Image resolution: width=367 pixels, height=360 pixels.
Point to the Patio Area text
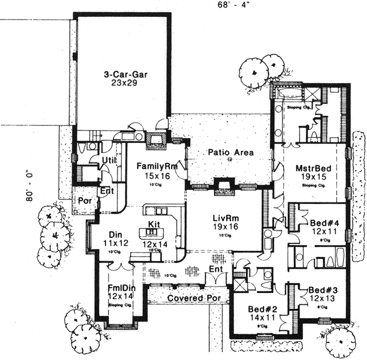[231, 152]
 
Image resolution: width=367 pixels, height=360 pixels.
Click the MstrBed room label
[310, 168]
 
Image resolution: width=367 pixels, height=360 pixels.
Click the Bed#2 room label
[261, 309]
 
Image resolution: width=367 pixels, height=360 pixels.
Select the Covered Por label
[194, 298]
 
